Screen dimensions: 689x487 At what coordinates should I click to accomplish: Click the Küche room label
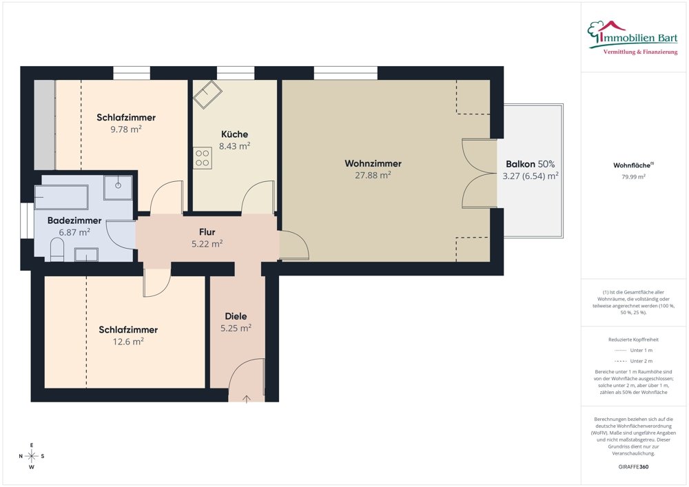(x=234, y=134)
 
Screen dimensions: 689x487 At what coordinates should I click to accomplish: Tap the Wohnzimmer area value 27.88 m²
(x=373, y=175)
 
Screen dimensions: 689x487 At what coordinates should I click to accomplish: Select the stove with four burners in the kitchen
(x=202, y=158)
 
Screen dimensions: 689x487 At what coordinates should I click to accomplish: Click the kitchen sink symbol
(x=207, y=94)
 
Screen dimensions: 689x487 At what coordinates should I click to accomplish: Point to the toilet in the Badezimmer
(x=57, y=250)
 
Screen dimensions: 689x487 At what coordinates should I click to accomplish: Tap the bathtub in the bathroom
(x=61, y=198)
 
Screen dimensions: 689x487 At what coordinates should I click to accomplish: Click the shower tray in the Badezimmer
(x=118, y=187)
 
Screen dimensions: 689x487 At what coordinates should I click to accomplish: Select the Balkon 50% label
(x=530, y=164)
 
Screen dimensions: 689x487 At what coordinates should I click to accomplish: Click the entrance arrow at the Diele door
(x=247, y=399)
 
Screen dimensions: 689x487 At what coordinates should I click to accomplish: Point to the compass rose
(x=32, y=456)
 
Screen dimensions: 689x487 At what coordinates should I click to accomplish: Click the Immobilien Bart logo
(x=633, y=37)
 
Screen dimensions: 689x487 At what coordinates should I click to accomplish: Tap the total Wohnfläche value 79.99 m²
(x=633, y=177)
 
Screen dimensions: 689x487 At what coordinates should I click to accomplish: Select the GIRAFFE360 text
(x=633, y=467)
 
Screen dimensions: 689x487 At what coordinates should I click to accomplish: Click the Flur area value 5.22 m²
(x=207, y=244)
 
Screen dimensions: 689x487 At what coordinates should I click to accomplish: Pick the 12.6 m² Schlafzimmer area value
(x=128, y=342)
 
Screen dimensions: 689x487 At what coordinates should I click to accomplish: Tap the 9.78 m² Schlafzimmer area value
(x=126, y=129)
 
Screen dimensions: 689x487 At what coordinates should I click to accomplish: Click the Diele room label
(x=236, y=316)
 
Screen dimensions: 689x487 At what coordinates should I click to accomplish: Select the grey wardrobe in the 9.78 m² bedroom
(x=45, y=125)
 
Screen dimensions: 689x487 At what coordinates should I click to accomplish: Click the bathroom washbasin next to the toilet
(x=86, y=255)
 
